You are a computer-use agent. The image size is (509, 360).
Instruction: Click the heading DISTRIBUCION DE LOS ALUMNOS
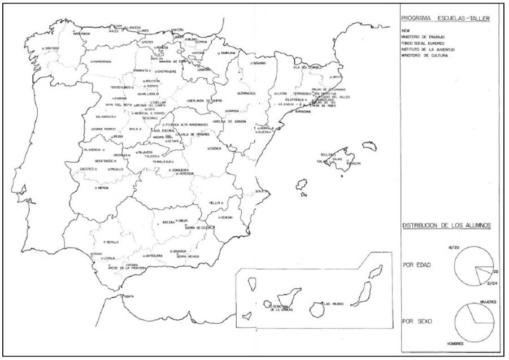click(x=446, y=225)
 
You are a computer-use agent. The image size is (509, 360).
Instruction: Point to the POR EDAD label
click(x=416, y=264)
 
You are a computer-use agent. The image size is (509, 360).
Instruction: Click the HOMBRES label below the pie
click(x=456, y=343)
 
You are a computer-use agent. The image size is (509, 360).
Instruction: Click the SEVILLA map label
click(x=111, y=242)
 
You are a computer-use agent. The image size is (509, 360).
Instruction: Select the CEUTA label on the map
click(x=129, y=296)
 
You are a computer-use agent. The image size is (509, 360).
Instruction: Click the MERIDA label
click(x=103, y=188)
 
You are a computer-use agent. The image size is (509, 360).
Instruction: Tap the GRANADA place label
click(x=180, y=250)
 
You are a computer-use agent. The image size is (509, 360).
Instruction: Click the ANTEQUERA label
click(x=154, y=255)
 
